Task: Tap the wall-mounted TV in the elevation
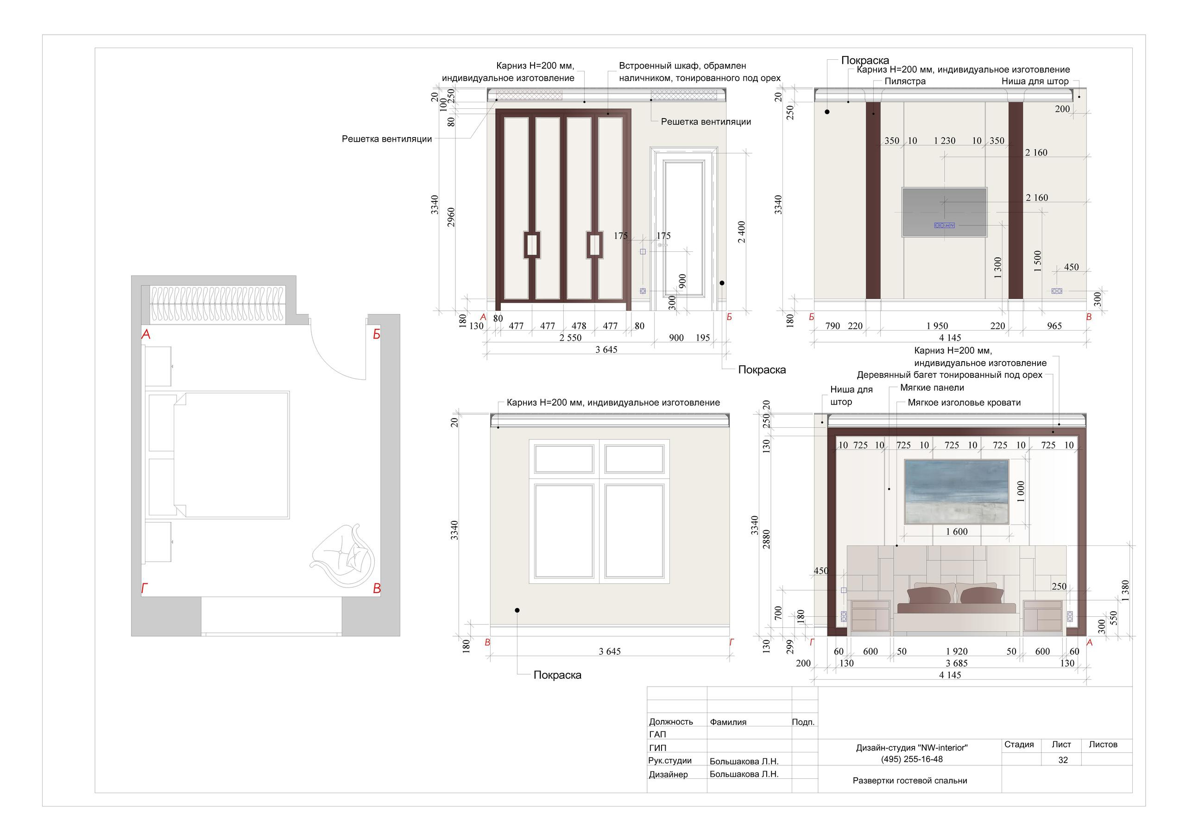point(944,212)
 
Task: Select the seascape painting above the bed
point(956,492)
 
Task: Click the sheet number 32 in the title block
point(1063,760)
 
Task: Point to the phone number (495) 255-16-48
point(912,759)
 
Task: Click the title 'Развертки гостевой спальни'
point(909,781)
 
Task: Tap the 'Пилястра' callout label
point(905,81)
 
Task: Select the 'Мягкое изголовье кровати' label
point(964,403)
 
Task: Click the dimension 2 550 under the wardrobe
point(570,338)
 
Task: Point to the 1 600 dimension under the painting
point(957,532)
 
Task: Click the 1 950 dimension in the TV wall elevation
point(937,326)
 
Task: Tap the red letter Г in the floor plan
point(145,588)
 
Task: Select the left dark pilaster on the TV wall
point(873,200)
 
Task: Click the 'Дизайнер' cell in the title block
point(669,775)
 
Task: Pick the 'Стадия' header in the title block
point(1019,744)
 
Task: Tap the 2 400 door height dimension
point(741,232)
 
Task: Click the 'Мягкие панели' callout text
point(932,388)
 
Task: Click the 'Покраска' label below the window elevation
point(557,675)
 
